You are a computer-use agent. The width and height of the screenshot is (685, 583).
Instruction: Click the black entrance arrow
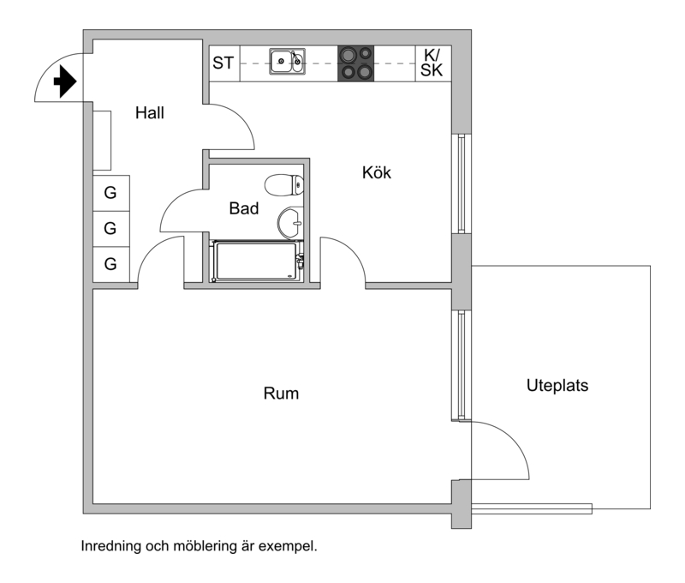pyautogui.click(x=64, y=81)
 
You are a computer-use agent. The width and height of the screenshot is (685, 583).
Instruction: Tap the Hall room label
pyautogui.click(x=149, y=112)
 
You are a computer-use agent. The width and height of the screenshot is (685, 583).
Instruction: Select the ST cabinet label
pyautogui.click(x=223, y=63)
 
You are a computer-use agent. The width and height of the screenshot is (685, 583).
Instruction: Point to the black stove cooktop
pyautogui.click(x=356, y=63)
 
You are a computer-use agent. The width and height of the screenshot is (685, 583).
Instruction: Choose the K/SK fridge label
pyautogui.click(x=432, y=63)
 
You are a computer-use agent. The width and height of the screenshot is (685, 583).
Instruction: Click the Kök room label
pyautogui.click(x=376, y=173)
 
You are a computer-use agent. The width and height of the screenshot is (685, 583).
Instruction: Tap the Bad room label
pyautogui.click(x=243, y=207)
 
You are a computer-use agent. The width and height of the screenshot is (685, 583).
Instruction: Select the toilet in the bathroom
pyautogui.click(x=283, y=184)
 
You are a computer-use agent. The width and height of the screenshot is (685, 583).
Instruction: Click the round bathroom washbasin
pyautogui.click(x=289, y=222)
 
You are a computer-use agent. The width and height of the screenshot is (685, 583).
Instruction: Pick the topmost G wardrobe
pyautogui.click(x=110, y=192)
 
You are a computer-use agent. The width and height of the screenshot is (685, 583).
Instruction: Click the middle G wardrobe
pyautogui.click(x=110, y=228)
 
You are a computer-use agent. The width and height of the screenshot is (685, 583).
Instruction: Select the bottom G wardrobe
pyautogui.click(x=110, y=264)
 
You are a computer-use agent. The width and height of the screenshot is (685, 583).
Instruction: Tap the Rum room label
pyautogui.click(x=280, y=394)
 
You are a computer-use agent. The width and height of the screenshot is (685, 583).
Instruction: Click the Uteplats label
pyautogui.click(x=557, y=386)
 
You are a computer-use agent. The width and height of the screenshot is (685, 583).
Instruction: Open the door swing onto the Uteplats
pyautogui.click(x=501, y=450)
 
